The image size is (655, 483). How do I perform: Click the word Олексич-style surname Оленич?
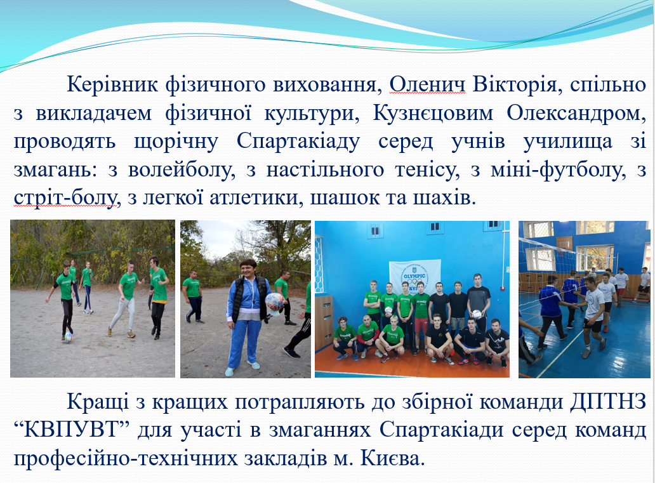[427, 84]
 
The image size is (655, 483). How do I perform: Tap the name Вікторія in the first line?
[515, 84]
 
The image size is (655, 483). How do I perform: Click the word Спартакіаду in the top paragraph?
[298, 142]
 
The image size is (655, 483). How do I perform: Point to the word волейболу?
[182, 170]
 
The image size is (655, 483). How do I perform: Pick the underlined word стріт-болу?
[65, 198]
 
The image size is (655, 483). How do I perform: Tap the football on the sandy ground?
[68, 337]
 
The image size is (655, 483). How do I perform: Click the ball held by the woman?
[274, 301]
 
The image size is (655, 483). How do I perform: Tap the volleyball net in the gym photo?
[568, 259]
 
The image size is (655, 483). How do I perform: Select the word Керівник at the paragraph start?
[113, 85]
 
